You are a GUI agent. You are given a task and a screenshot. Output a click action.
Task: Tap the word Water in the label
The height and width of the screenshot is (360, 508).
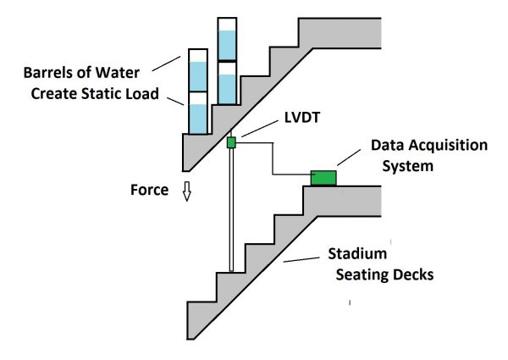[x=133, y=70]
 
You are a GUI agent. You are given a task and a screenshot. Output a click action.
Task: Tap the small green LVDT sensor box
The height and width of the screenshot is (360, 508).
[x=230, y=141]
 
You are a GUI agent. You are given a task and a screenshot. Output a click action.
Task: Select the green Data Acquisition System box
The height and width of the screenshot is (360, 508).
[x=323, y=177]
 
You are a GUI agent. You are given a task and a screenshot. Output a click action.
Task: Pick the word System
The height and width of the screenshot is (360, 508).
[x=407, y=167]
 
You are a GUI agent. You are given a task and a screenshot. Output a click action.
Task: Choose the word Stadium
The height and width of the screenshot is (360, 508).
[x=359, y=254]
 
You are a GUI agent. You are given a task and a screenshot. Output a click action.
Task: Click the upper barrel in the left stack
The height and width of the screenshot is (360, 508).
[x=196, y=73]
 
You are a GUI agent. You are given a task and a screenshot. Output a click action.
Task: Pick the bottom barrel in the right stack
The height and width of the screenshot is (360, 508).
[x=227, y=84]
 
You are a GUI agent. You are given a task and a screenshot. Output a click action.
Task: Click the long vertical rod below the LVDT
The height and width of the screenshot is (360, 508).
[x=231, y=212]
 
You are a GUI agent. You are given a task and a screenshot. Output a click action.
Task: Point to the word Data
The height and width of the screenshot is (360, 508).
[x=389, y=146]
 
